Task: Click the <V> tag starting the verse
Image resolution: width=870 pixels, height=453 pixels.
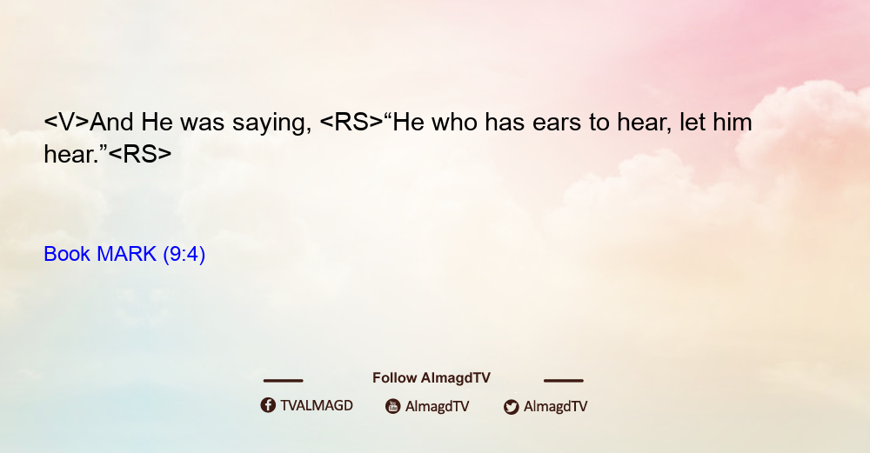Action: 67,123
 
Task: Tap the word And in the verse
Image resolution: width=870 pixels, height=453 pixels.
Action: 112,123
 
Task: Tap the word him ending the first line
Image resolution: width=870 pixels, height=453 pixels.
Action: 733,123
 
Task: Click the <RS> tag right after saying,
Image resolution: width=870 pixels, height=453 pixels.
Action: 351,123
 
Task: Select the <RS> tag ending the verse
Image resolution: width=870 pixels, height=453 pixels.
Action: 140,154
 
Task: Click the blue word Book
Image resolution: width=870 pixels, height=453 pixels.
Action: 67,254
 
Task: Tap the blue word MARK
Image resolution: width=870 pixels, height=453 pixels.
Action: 126,254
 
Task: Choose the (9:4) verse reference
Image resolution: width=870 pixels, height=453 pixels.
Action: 184,255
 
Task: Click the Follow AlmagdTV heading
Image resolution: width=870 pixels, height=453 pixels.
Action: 432,378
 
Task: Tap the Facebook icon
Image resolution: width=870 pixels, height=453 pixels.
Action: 268,405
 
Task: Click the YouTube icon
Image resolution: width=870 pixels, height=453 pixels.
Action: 393,406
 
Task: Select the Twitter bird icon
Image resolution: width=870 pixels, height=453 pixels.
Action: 511,407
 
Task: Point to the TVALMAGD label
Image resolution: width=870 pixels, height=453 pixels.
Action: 317,406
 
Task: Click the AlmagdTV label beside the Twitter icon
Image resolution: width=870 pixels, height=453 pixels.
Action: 555,407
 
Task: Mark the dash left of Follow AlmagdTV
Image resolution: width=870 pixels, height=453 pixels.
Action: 283,380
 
